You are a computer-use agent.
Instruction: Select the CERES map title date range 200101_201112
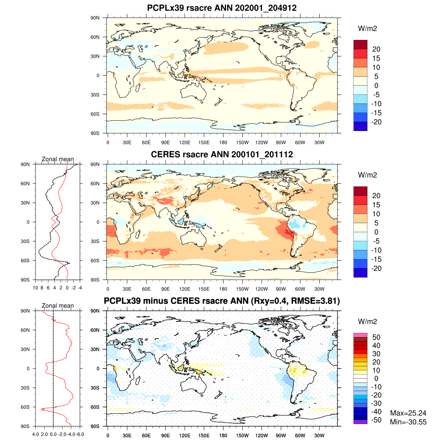[262, 154]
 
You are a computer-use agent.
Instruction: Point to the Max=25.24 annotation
[408, 413]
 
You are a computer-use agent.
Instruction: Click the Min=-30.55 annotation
[408, 422]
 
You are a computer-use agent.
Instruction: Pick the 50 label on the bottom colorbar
[376, 337]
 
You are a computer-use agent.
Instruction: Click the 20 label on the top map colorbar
[376, 49]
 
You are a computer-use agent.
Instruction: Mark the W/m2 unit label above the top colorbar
[367, 28]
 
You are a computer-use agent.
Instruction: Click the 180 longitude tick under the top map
[223, 142]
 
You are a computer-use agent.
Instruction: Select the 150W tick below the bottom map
[242, 435]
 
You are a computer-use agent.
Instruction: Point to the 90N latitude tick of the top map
[95, 18]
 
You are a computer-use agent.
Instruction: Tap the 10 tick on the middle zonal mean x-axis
[36, 287]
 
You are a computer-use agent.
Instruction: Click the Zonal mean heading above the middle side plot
[58, 159]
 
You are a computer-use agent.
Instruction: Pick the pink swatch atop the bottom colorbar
[360, 335]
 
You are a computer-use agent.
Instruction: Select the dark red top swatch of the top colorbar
[360, 44]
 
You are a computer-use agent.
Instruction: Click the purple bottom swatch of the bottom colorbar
[360, 422]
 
